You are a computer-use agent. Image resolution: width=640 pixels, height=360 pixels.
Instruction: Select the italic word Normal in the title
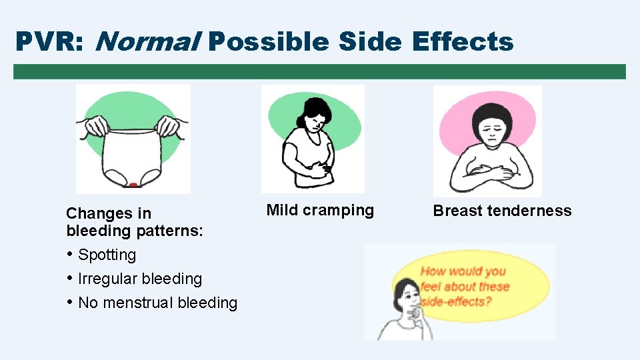[x=149, y=42]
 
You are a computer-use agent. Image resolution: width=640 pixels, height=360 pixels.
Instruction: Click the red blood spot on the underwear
[x=133, y=185]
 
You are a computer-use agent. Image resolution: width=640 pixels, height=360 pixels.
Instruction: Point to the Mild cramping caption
[x=320, y=211]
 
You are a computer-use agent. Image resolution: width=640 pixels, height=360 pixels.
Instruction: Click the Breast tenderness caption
[x=502, y=211]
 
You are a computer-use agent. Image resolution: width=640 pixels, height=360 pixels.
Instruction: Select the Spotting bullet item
[x=107, y=255]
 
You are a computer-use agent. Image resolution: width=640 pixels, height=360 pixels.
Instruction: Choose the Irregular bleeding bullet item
[x=139, y=279]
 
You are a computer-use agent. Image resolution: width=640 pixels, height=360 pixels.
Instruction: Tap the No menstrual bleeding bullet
[x=157, y=303]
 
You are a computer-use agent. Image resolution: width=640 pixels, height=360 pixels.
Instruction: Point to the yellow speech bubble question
[x=465, y=286]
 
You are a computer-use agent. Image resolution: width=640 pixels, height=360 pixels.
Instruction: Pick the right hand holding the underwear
[x=170, y=125]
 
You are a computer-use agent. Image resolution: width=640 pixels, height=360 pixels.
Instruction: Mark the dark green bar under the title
[x=319, y=71]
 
